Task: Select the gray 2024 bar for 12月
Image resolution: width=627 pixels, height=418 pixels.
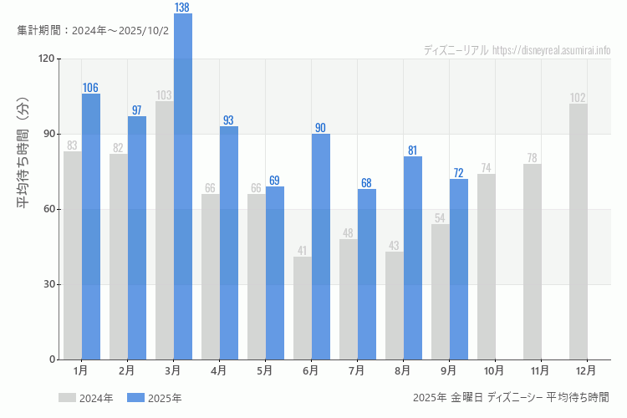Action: point(578,232)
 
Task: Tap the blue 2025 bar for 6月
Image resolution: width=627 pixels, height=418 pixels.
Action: point(321,247)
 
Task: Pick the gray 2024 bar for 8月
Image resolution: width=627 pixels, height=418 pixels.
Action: point(395,305)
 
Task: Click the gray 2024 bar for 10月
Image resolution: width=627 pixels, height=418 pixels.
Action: point(487,267)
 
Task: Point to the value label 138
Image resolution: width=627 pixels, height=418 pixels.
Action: point(182,8)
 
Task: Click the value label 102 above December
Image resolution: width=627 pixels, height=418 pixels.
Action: point(578,98)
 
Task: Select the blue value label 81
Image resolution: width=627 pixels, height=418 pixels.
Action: point(413,150)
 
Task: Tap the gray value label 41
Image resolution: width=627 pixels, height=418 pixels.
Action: point(303,251)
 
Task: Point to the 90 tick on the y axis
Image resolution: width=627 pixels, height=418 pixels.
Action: point(48,134)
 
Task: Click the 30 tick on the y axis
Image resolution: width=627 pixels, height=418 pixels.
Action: point(48,284)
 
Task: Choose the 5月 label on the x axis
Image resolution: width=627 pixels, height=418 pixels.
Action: point(265,370)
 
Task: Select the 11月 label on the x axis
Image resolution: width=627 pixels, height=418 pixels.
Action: point(540,370)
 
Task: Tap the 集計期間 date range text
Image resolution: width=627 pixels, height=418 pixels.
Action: point(93,30)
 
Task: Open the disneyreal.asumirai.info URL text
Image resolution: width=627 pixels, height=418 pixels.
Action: point(551,50)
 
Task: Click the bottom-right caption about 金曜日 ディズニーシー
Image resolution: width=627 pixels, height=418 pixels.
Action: point(511,397)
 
